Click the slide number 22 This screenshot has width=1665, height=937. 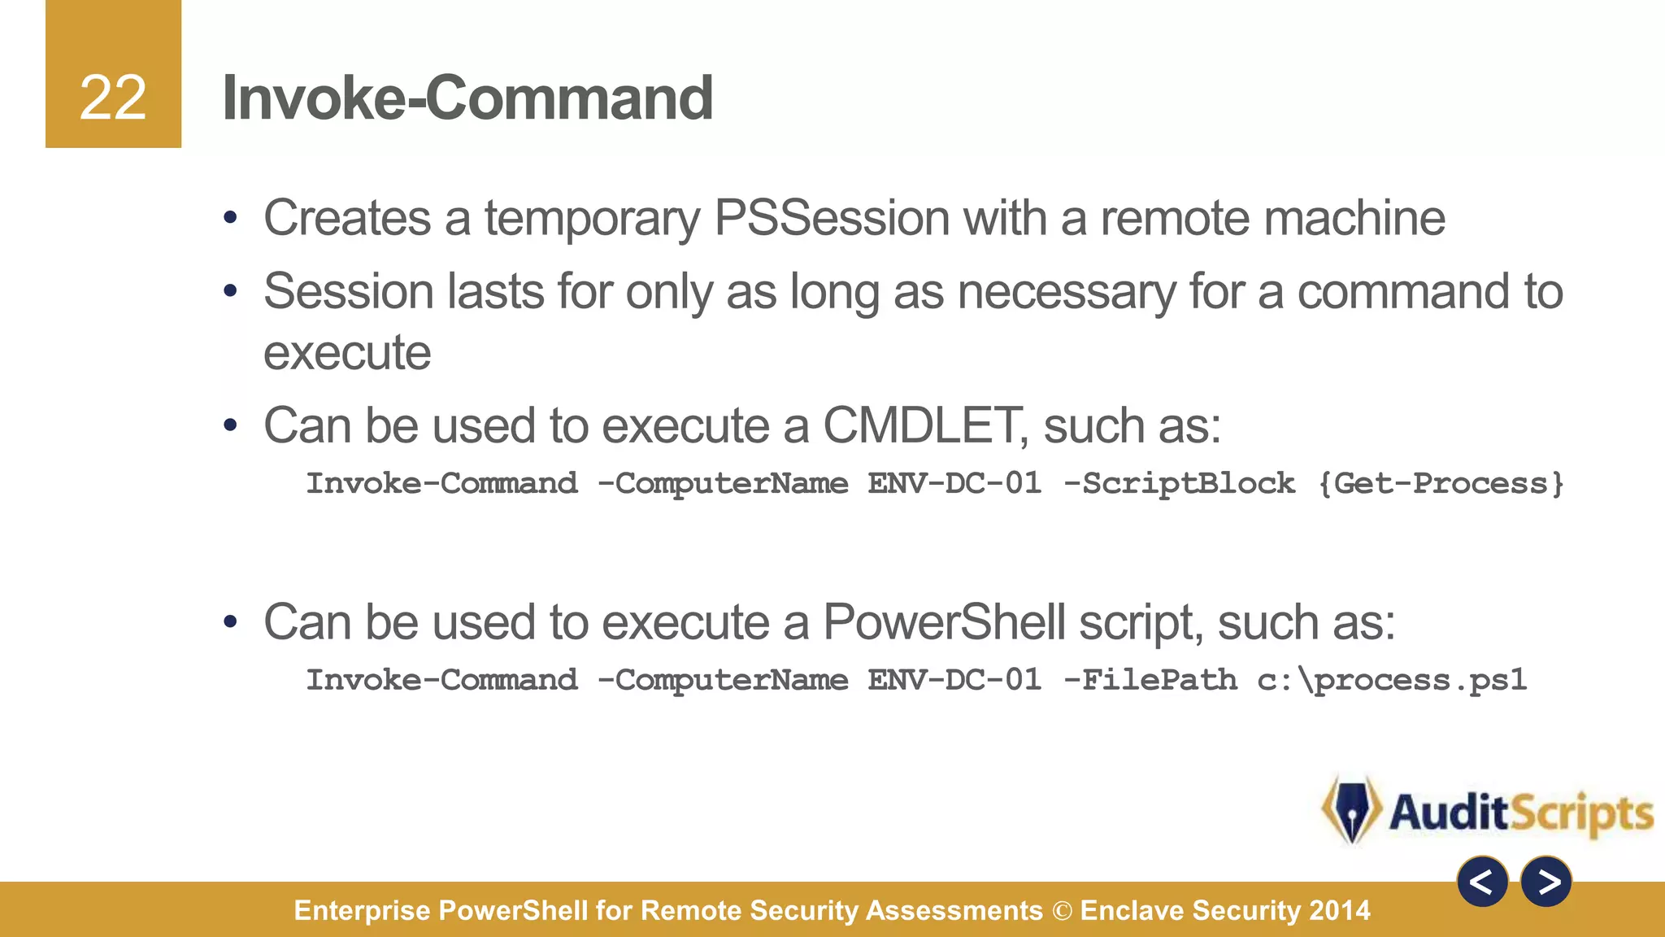tap(113, 98)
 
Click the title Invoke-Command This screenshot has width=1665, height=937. tap(467, 98)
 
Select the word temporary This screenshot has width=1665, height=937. tap(592, 220)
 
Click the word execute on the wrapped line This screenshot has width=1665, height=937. tap(347, 353)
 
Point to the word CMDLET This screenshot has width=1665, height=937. tap(920, 425)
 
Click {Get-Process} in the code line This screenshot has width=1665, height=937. tap(1440, 484)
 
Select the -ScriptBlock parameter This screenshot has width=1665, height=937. tap(1179, 484)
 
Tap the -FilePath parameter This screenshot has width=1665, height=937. tap(1150, 680)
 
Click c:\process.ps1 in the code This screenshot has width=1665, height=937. tap(1391, 680)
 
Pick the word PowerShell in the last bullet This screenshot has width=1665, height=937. tap(944, 623)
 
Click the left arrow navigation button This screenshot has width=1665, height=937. tap(1482, 882)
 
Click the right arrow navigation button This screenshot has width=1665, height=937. tap(1546, 882)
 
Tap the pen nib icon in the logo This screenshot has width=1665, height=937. tap(1352, 809)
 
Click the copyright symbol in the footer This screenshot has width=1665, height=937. tap(1062, 911)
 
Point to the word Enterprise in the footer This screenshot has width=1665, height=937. tap(362, 911)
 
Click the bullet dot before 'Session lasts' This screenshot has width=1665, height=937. tap(231, 291)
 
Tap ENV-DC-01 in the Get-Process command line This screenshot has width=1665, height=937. tap(954, 484)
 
